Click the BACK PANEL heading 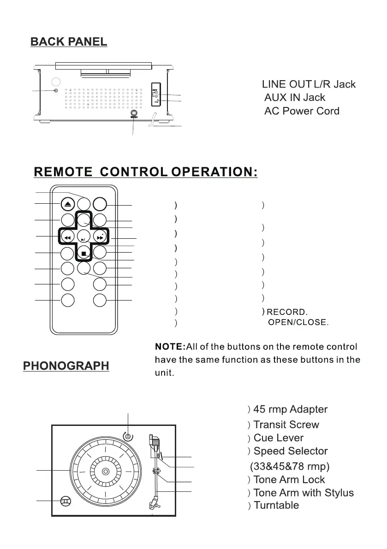tap(69, 42)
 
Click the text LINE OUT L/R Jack tap(309, 84)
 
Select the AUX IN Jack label tap(294, 98)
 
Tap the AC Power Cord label tap(301, 111)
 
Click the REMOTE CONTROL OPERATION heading tap(145, 172)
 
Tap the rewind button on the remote tap(67, 238)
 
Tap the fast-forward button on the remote tap(100, 238)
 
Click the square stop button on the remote tap(83, 253)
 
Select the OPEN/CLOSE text tap(298, 322)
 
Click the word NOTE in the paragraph tap(169, 347)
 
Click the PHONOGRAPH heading tap(66, 366)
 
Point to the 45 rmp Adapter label tap(290, 409)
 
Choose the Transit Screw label tap(286, 425)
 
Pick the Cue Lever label tap(278, 438)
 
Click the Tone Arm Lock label tap(289, 480)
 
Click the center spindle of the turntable tap(106, 472)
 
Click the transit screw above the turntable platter tap(128, 436)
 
